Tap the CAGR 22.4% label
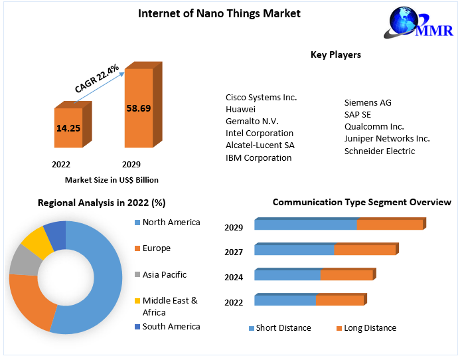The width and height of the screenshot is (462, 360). point(97,78)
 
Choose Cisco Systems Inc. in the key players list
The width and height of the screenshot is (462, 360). point(261,98)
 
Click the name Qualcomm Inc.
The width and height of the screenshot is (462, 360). point(374,126)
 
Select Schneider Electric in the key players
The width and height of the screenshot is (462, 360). point(379,151)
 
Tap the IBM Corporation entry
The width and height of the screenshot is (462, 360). point(258,157)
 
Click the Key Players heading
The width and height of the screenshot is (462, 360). point(335,54)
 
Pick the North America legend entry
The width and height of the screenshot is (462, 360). point(171,223)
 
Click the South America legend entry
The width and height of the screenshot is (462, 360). point(171,326)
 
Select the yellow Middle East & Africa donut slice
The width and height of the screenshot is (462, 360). point(33,243)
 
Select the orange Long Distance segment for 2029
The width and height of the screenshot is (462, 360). point(390,225)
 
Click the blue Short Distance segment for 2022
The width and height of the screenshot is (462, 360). point(285,300)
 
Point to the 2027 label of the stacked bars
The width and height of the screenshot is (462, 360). point(234,252)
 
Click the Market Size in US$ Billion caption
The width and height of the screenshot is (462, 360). point(112,180)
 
